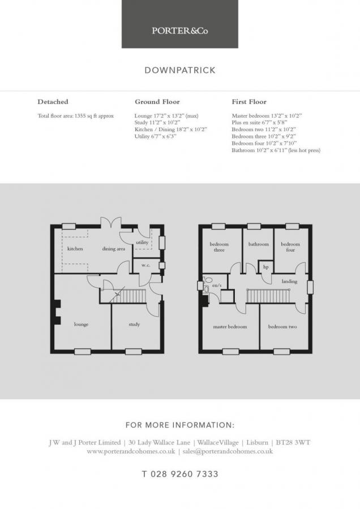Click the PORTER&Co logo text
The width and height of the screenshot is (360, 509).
pos(179,31)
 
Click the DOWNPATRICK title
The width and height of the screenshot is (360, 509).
pos(180,71)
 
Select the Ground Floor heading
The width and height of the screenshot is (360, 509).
pos(157,102)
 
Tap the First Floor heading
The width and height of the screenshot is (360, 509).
pos(249,102)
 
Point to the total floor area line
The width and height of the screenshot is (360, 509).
pos(76,116)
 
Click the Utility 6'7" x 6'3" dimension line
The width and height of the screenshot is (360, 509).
pos(155,136)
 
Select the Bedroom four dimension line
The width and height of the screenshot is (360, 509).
pos(264,143)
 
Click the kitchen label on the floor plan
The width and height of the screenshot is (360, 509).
pos(75,249)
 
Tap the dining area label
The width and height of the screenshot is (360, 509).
pos(113,249)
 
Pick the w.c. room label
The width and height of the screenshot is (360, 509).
pos(146,265)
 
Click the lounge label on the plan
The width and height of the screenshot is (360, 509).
pos(82,324)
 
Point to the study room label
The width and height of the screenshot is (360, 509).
pos(134,324)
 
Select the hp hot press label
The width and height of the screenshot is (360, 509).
pos(266,267)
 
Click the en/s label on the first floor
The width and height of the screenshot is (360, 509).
pos(217,286)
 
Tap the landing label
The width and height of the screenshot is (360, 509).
pos(289,282)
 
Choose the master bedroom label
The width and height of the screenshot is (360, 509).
pos(230,326)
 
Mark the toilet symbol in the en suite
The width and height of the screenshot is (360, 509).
pos(208,279)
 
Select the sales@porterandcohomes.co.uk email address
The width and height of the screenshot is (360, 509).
pos(228,451)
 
